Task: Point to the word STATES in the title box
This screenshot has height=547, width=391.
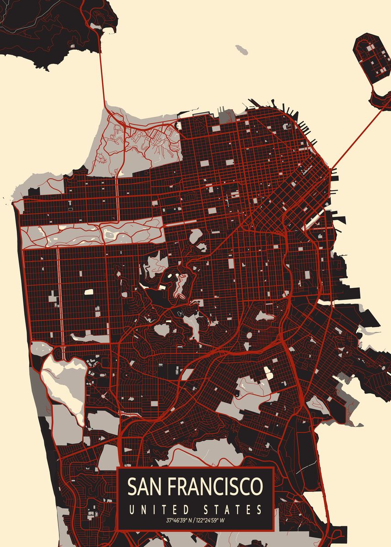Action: click(234, 509)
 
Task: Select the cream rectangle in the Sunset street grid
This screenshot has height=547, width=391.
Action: click(88, 291)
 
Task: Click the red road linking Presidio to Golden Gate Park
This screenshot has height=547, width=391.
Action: click(118, 196)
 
